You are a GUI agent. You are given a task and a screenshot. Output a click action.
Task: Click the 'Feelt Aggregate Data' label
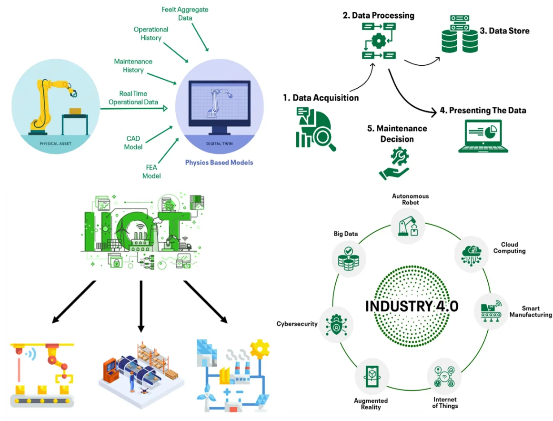[x=185, y=14]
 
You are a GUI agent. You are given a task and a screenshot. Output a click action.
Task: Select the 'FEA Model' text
[x=151, y=172]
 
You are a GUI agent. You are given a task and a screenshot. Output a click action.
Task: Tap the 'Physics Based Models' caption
[x=219, y=163]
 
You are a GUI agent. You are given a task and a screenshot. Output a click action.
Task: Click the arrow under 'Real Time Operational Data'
[x=134, y=108]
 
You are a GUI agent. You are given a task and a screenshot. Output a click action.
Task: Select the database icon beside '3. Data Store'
[x=460, y=34]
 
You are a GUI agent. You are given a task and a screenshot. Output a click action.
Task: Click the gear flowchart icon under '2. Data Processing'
[x=379, y=41]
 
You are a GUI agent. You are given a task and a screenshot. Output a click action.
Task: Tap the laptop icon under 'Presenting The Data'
[x=483, y=136]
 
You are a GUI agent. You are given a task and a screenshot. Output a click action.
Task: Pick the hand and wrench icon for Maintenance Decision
[x=394, y=164]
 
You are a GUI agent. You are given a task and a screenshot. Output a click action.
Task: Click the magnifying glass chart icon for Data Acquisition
[x=315, y=129]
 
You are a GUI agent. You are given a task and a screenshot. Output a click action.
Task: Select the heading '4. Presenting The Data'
[x=483, y=111]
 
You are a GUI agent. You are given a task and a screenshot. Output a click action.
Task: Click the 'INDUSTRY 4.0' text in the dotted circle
[x=412, y=306]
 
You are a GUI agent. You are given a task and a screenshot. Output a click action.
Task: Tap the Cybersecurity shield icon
[x=336, y=324]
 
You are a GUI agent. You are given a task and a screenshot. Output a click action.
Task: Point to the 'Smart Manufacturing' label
[x=531, y=312]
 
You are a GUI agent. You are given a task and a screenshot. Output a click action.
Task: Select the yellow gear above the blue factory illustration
[x=260, y=349]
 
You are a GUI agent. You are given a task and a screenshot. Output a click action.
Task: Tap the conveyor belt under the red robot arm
[x=42, y=401]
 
